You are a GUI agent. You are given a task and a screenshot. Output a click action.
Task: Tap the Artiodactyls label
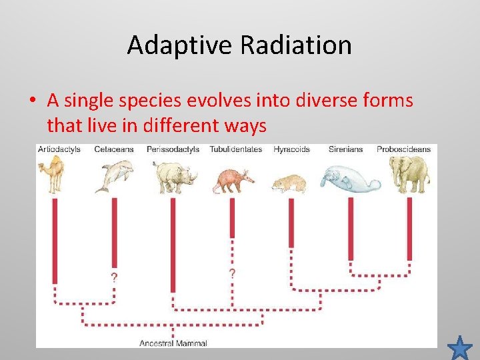(59, 149)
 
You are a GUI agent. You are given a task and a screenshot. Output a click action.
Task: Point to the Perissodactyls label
(173, 149)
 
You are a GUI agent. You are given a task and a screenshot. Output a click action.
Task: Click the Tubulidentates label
(235, 149)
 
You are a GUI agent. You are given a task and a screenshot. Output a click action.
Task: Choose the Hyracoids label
(291, 149)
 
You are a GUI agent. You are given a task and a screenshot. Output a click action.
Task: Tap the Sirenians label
(345, 149)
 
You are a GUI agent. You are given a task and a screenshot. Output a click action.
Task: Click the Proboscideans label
(403, 149)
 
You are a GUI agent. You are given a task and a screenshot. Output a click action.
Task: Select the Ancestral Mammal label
(173, 343)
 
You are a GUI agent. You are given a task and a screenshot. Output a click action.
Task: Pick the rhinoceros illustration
(175, 176)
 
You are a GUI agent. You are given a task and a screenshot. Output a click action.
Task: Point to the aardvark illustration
(233, 179)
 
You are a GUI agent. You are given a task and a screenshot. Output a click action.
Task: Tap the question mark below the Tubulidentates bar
(232, 274)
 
